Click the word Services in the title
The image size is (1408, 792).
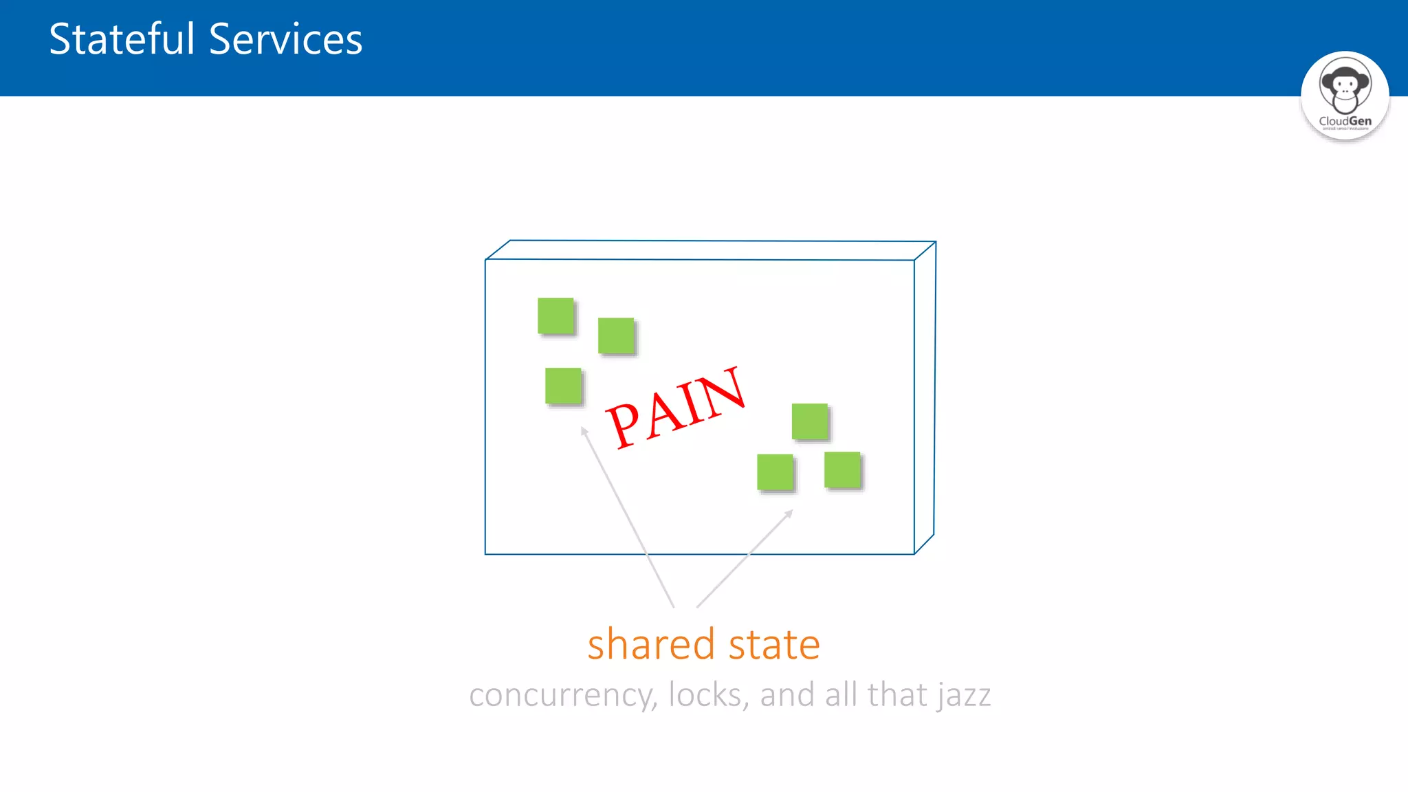[x=285, y=39]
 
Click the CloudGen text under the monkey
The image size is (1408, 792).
[x=1345, y=122]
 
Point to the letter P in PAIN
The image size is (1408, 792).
[x=624, y=426]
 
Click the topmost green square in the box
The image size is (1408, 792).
[x=555, y=316]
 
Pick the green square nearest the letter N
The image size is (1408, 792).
[x=809, y=421]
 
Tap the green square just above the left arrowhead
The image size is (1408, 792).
[x=563, y=386]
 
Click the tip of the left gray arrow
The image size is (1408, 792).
[x=583, y=429]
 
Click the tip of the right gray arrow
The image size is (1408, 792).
[x=791, y=511]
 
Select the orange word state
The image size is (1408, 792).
[x=774, y=645]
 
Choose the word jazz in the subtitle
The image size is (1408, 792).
[x=963, y=695]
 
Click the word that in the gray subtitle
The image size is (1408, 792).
[x=897, y=695]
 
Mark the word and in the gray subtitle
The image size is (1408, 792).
[x=788, y=695]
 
